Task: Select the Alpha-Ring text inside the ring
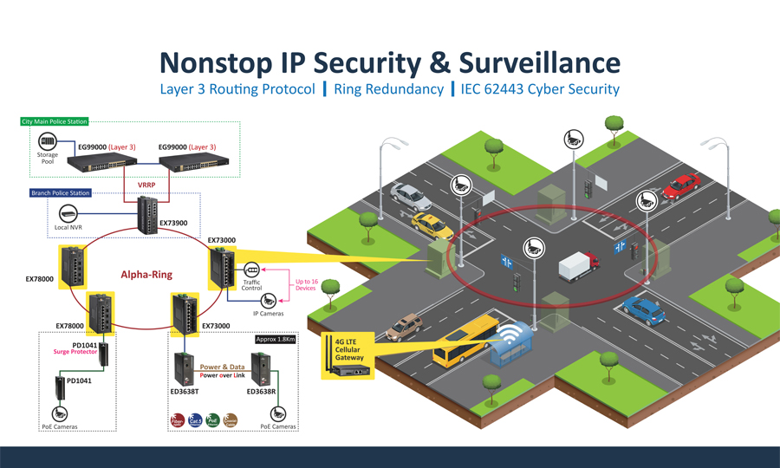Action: coord(146,275)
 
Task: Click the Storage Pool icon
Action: coord(47,142)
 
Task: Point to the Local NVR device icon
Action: coord(68,213)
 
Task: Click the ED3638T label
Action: coord(185,392)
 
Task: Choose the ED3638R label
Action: coord(262,392)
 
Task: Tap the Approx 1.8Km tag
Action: coord(276,339)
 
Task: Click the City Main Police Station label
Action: coord(55,122)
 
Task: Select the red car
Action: coord(681,185)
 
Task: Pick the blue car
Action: coord(643,308)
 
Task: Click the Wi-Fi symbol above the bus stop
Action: coord(519,332)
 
